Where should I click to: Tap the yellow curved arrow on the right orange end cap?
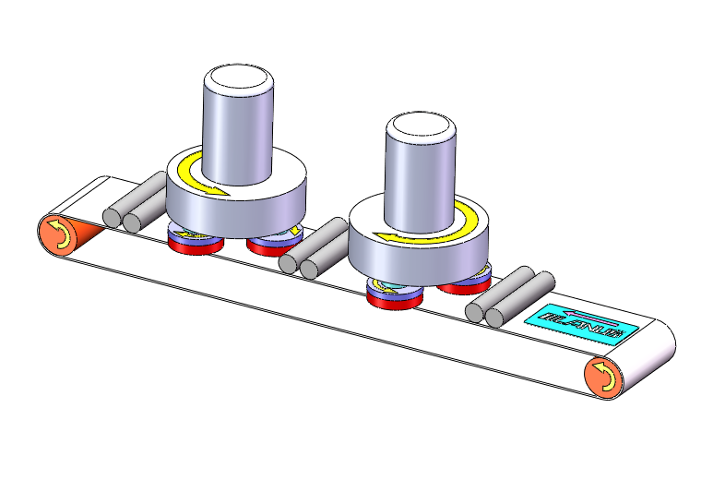[603, 377]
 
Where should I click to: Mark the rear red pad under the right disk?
[463, 286]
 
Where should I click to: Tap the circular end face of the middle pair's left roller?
[289, 263]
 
